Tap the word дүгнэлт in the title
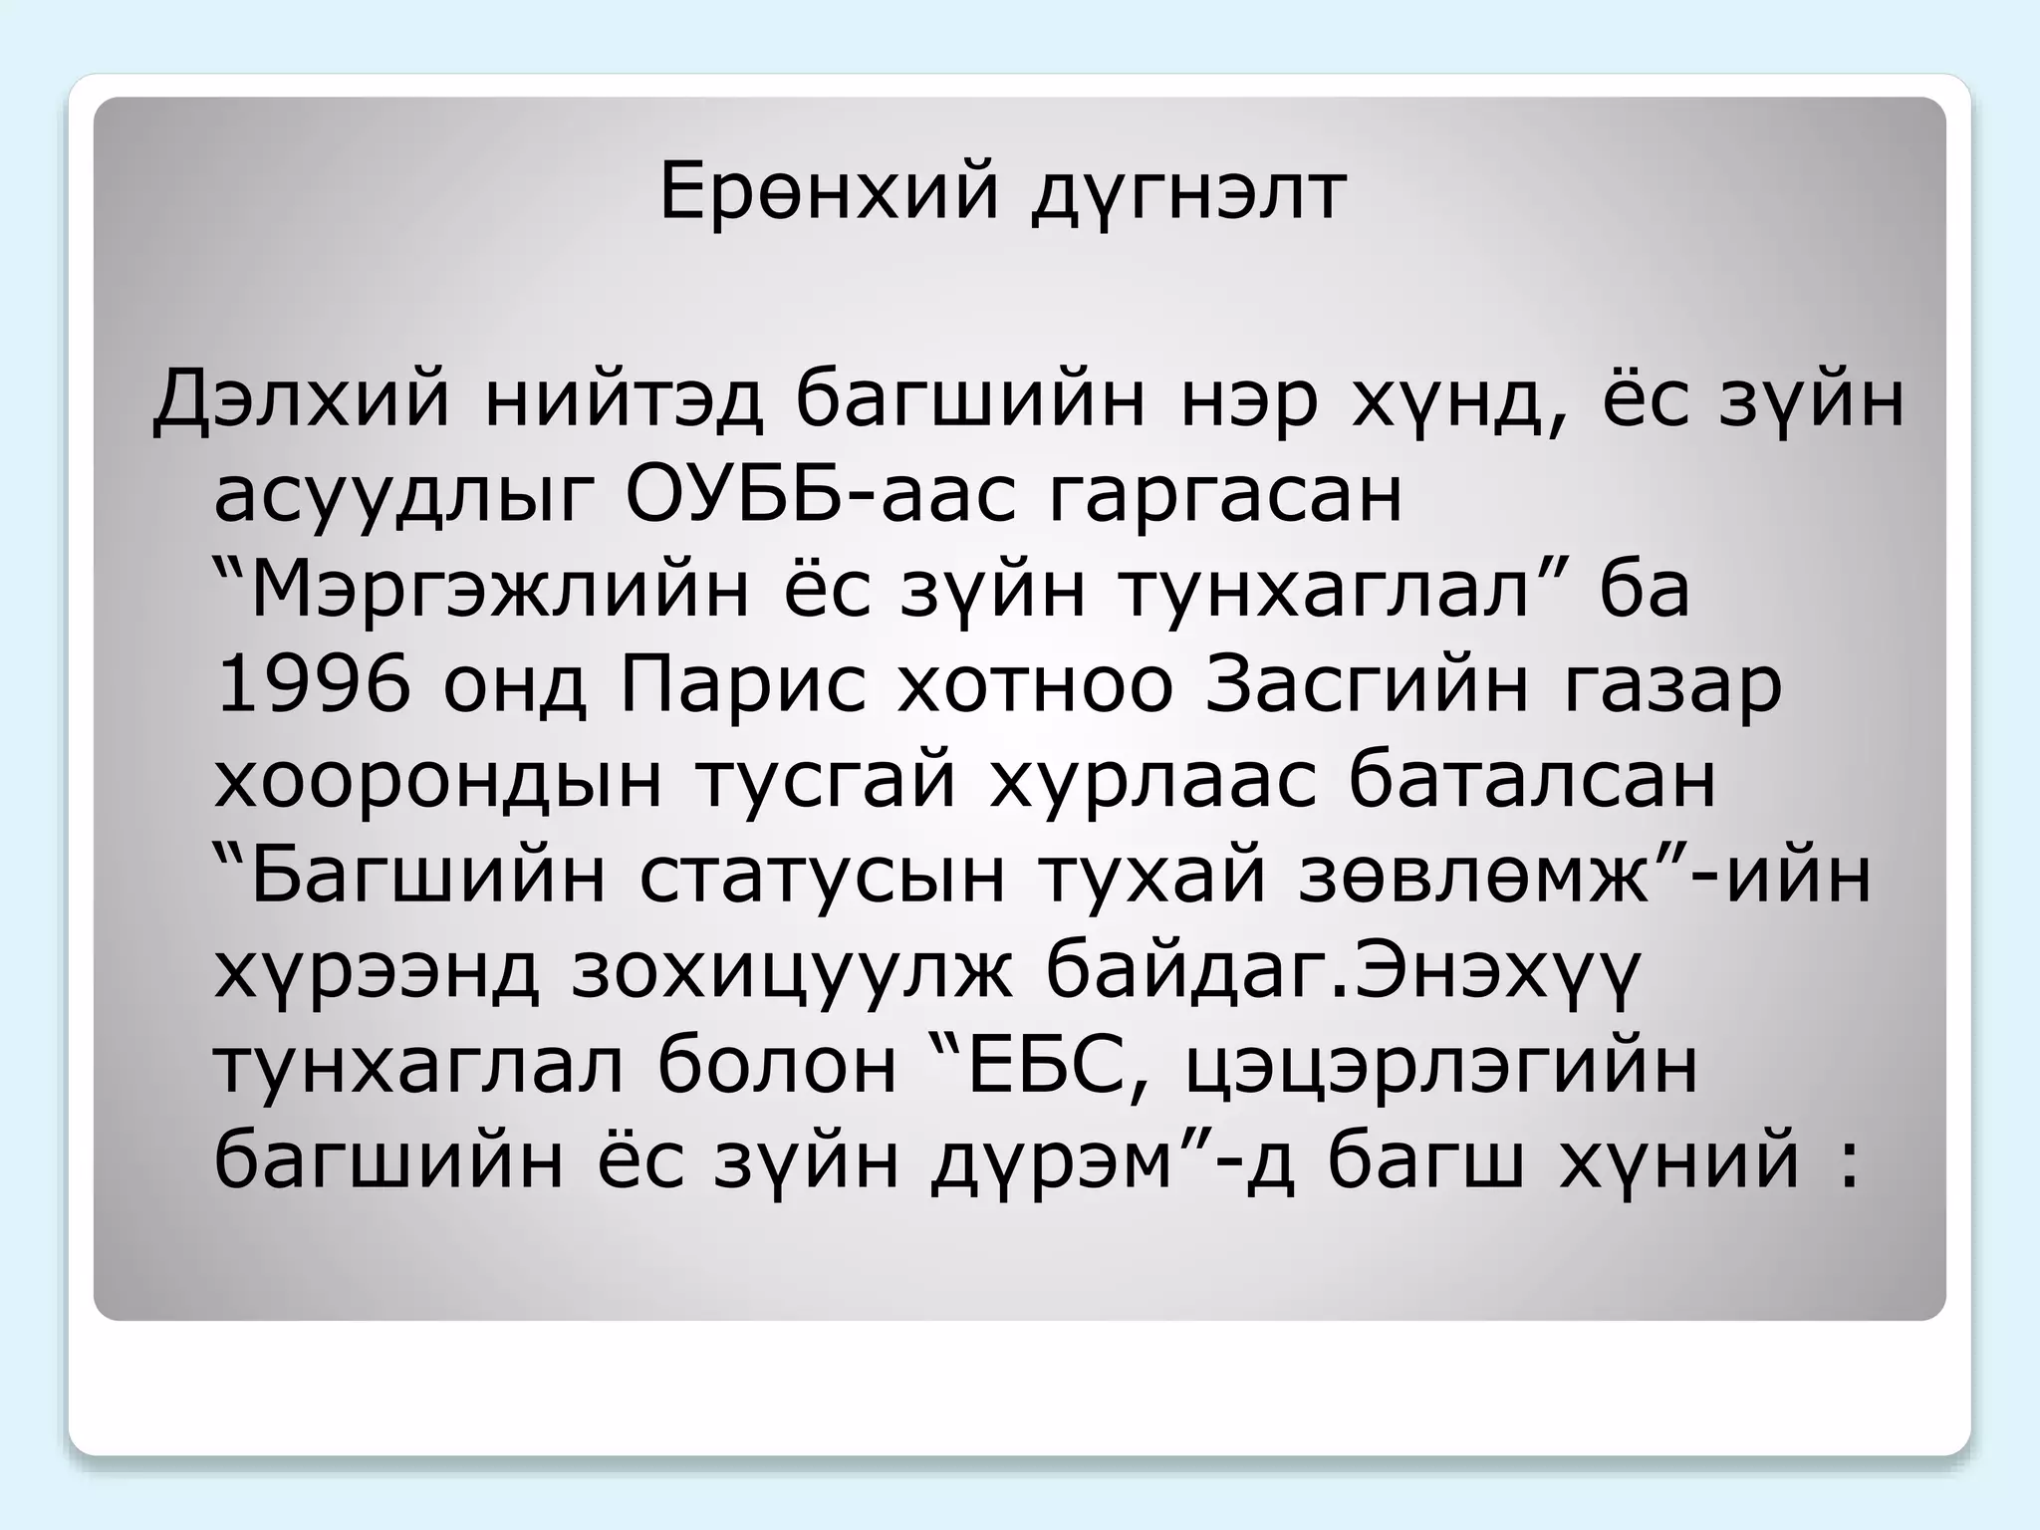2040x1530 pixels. click(1188, 194)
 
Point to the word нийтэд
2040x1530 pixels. click(625, 400)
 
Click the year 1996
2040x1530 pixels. click(313, 685)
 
